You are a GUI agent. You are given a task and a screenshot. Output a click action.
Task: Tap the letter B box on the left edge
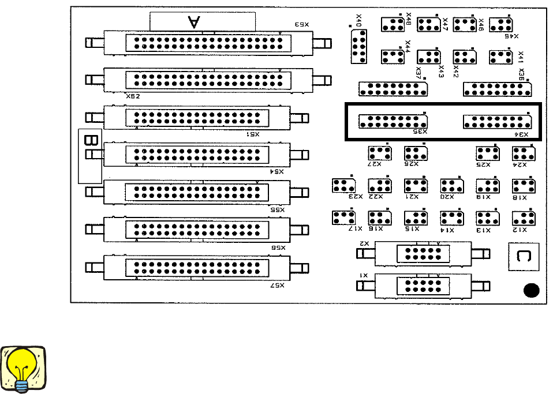point(90,141)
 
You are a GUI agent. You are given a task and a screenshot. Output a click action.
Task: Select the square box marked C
point(523,257)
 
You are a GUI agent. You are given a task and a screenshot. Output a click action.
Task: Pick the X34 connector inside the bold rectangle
point(497,122)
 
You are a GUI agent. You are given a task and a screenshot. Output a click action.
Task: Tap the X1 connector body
point(424,286)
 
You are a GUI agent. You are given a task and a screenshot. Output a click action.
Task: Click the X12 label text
point(520,230)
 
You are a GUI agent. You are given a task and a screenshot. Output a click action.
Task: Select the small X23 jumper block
point(343,186)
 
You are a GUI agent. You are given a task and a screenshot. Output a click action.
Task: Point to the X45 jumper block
point(501,24)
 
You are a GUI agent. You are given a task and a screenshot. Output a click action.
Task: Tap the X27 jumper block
point(380,153)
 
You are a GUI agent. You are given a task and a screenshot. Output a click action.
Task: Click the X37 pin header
point(393,89)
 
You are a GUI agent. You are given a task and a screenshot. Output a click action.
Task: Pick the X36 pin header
point(497,89)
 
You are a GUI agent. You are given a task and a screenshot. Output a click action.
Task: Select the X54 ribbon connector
point(197,155)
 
